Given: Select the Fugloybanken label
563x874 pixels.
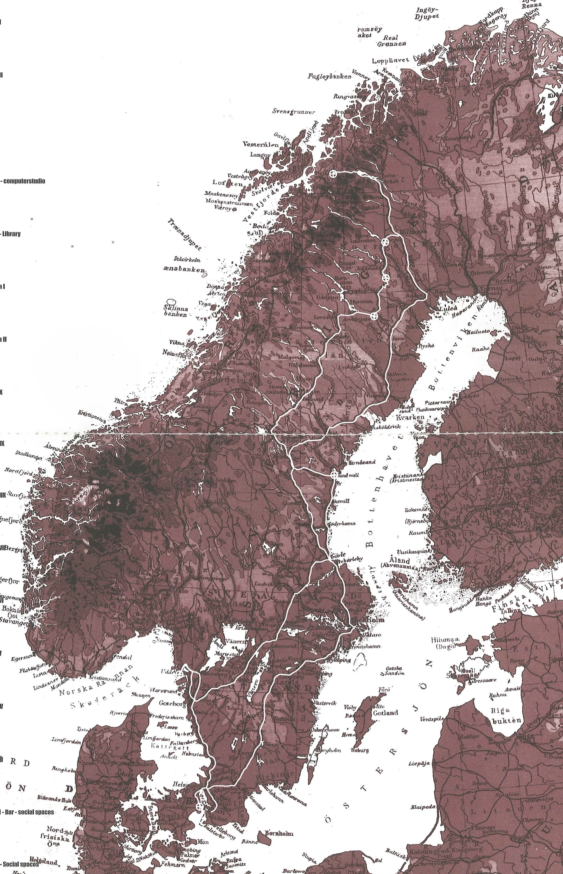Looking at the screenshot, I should tap(329, 77).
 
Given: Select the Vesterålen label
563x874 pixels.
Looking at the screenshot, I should tap(260, 144).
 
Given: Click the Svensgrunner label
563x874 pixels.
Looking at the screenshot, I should tap(294, 111).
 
